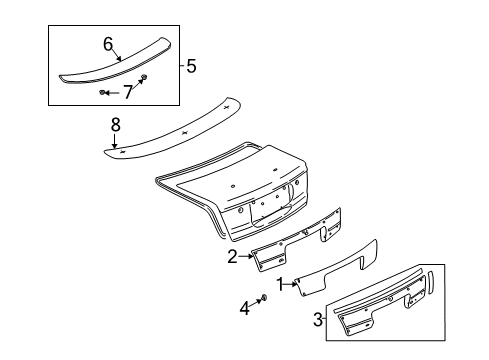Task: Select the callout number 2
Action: point(232,257)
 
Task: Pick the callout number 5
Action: point(190,67)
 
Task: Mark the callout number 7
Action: point(127,92)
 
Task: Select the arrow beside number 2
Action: point(245,257)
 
